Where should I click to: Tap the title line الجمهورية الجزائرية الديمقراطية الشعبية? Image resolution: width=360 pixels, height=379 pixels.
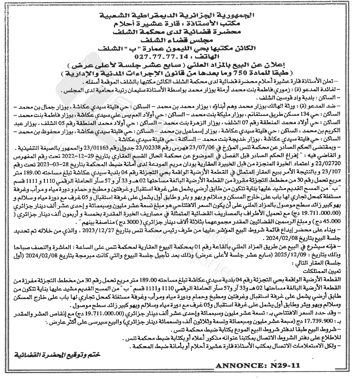[178, 16]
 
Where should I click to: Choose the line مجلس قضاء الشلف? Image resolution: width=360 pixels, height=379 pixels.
[178, 40]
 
